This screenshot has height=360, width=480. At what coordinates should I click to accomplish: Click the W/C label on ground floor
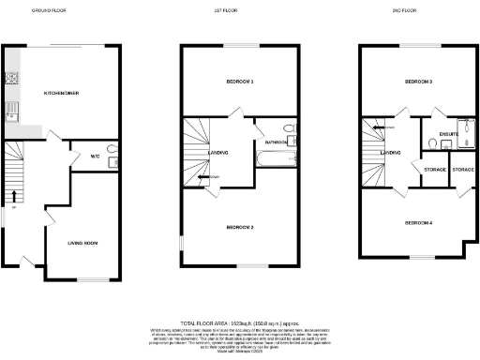pos(95,157)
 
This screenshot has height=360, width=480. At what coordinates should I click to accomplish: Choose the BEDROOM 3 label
pos(418,82)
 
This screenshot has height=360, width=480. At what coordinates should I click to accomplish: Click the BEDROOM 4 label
pos(418,222)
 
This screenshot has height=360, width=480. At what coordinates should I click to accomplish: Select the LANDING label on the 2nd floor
pos(391,153)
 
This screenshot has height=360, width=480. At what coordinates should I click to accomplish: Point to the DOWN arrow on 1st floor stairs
pos(204,175)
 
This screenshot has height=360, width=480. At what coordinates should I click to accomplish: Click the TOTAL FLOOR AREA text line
pos(239,322)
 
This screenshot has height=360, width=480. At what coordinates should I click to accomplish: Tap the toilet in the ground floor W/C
pos(112,149)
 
